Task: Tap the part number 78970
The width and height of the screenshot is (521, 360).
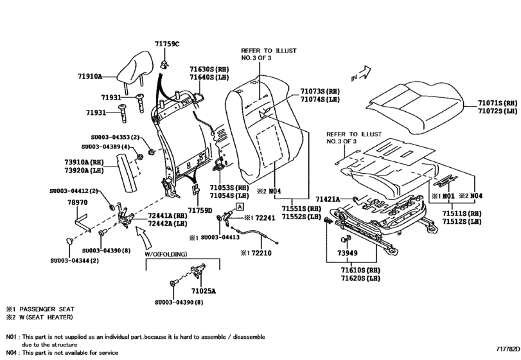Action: tap(78, 202)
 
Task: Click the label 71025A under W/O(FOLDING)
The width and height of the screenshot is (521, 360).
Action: tap(204, 291)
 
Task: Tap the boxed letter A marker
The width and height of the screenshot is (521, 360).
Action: tap(240, 206)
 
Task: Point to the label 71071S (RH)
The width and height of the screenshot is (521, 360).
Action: tap(496, 103)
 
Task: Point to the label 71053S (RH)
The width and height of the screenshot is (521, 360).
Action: tap(229, 188)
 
